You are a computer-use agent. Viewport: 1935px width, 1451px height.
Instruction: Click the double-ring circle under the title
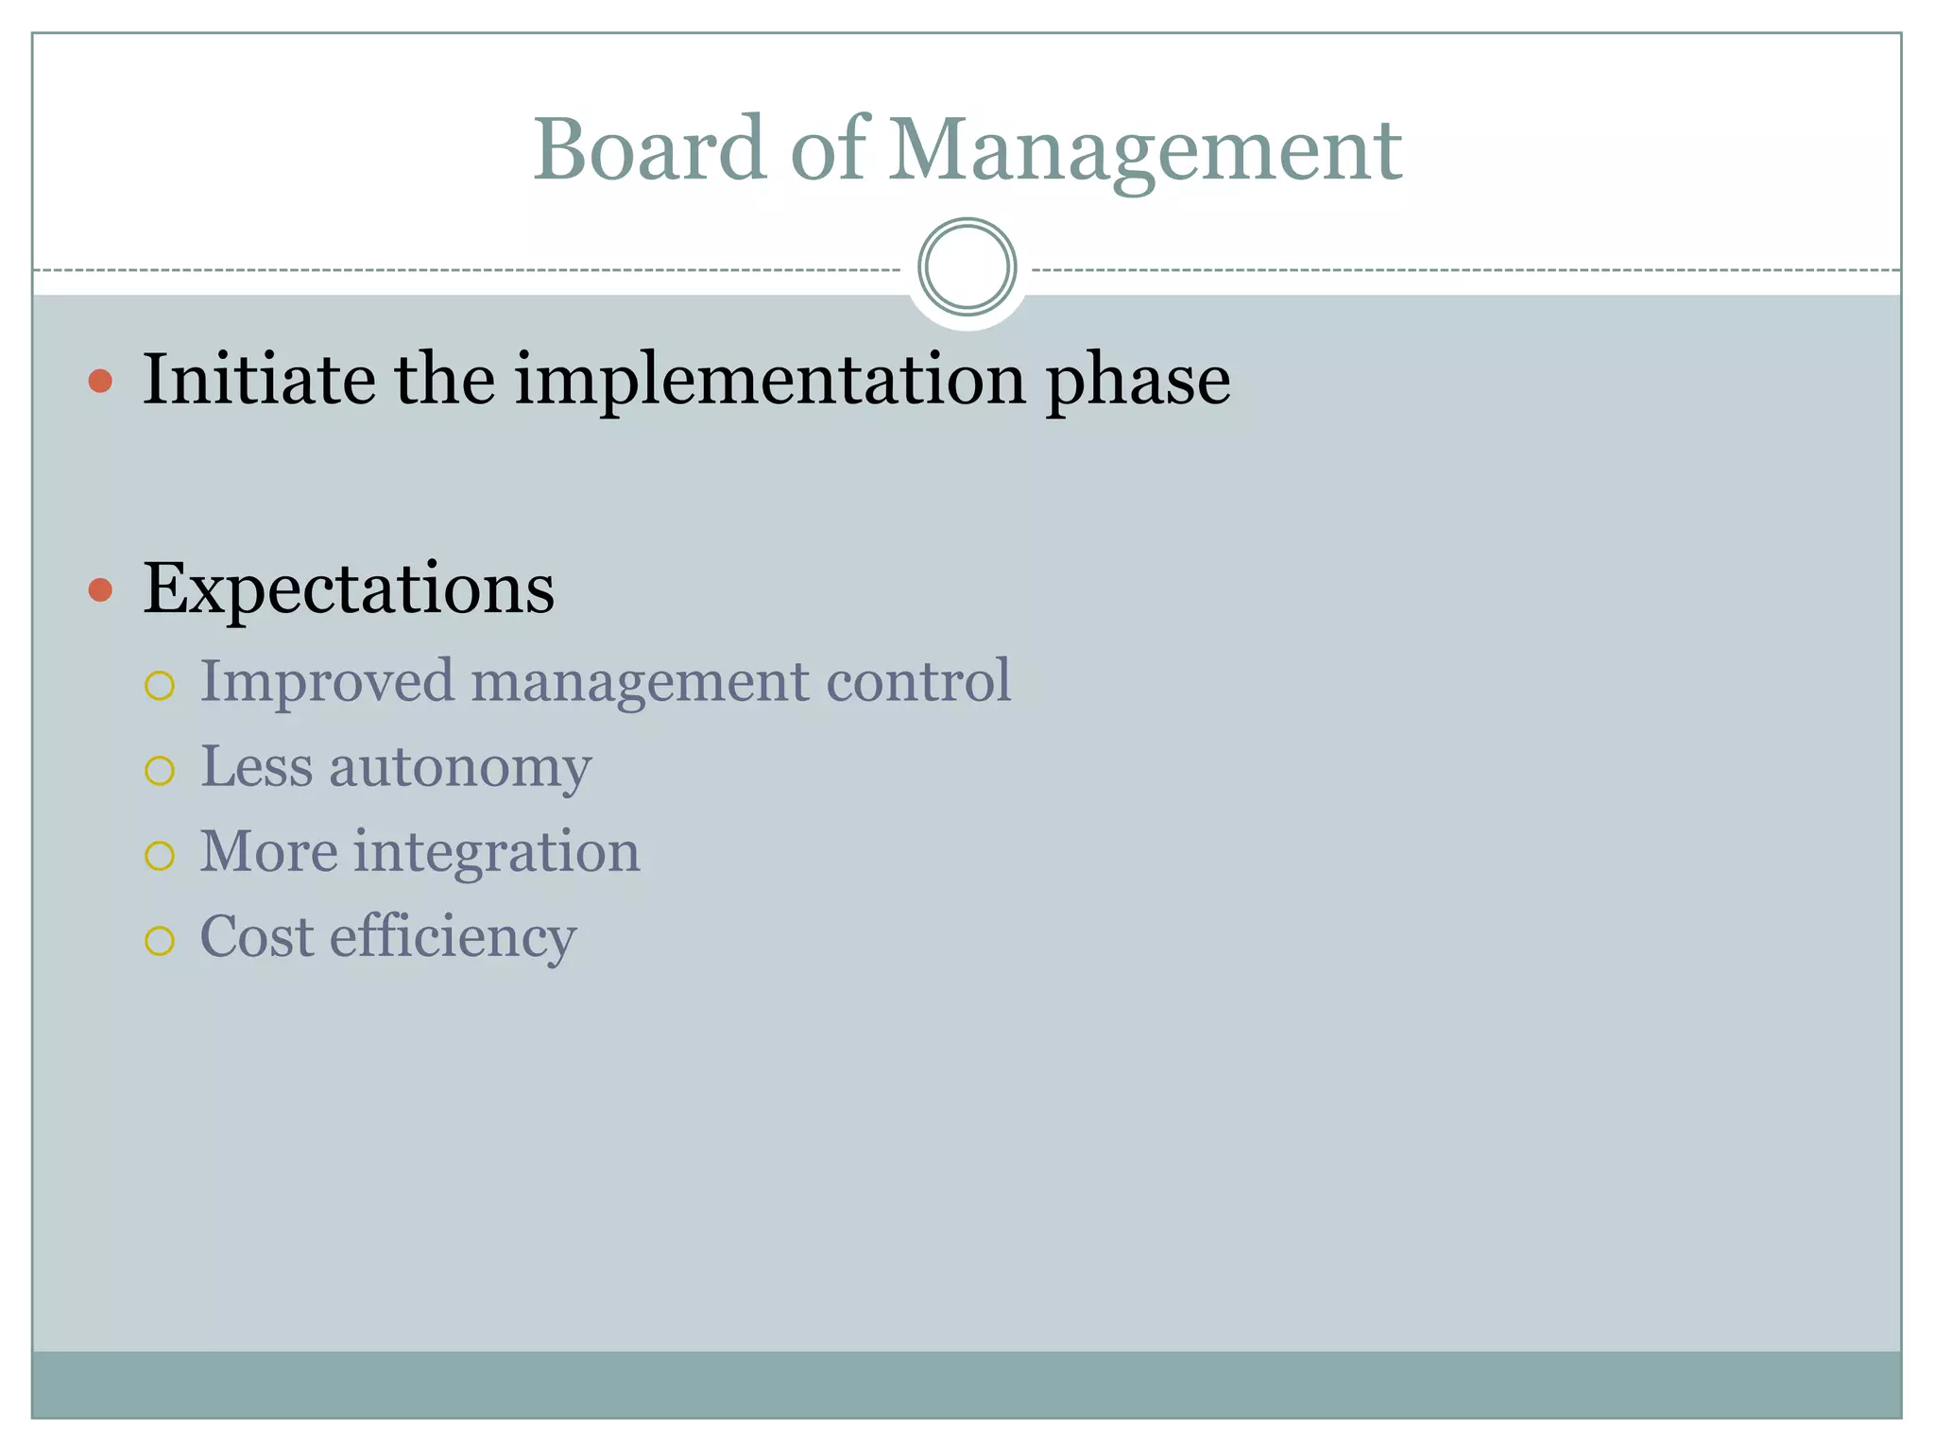967,267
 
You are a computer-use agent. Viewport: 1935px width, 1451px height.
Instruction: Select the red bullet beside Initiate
100,382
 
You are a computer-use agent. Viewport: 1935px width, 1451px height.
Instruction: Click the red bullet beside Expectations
100,590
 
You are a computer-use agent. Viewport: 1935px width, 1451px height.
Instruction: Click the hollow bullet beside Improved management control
160,686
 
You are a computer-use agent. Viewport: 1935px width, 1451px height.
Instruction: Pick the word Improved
327,682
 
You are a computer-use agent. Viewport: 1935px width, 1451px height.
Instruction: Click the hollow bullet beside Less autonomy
160,771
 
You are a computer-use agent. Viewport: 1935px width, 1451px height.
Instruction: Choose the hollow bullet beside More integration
160,856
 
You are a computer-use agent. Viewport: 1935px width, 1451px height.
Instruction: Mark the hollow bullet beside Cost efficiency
160,941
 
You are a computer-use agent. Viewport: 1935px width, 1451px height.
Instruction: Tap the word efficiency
453,937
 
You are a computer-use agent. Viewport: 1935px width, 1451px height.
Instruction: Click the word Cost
257,937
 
